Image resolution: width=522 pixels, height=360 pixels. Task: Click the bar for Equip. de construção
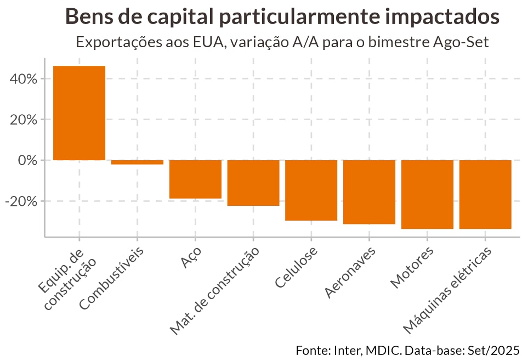pos(79,113)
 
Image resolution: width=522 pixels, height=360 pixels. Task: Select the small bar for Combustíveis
pos(137,162)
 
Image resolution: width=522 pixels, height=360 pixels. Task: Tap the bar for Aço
pos(195,179)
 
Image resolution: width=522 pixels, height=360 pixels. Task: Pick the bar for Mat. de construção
pos(253,183)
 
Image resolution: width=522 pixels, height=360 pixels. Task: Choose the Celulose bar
pos(311,190)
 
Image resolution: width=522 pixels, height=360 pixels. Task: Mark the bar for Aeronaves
pos(369,192)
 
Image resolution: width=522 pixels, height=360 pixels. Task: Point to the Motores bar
pos(427,194)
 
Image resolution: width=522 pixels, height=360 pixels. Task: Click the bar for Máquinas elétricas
pos(485,194)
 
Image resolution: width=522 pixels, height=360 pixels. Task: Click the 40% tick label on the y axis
pos(24,79)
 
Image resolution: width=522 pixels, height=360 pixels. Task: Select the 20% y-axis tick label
pos(24,120)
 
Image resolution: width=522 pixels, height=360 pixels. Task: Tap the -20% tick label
pos(21,201)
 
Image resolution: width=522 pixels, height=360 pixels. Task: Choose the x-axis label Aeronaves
pos(350,272)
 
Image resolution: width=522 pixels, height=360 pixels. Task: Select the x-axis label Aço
pos(191,257)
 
